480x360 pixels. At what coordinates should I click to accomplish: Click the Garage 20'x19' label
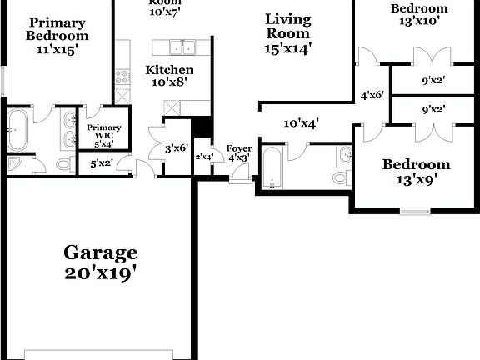point(100,262)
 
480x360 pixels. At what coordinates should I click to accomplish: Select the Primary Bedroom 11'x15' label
point(56,37)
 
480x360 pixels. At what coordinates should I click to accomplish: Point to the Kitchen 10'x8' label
point(169,77)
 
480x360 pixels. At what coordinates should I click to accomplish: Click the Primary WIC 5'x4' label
point(103,133)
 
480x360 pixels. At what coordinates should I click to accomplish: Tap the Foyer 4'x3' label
point(239,153)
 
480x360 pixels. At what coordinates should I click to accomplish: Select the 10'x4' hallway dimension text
point(302,124)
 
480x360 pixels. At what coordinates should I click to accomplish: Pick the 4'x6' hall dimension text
point(372,96)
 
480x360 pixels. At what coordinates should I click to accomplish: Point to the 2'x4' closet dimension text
point(203,156)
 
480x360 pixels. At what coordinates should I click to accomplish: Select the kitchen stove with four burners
point(122,78)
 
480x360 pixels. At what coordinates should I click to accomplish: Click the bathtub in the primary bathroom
point(17,129)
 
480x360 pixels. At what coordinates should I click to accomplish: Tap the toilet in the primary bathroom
point(64,164)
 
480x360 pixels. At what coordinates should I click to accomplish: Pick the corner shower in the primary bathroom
point(18,164)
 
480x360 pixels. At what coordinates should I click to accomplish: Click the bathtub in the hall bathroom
point(272,167)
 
